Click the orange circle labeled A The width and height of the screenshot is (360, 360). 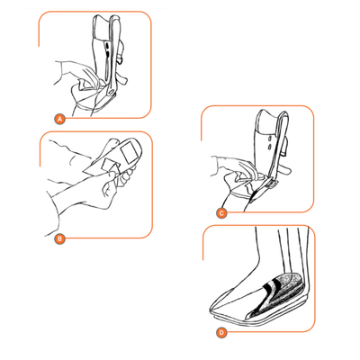pos(60,118)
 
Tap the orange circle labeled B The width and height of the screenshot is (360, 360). pos(58,238)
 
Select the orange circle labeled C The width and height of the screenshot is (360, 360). pos(222,213)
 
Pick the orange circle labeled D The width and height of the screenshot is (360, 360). pos(222,331)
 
